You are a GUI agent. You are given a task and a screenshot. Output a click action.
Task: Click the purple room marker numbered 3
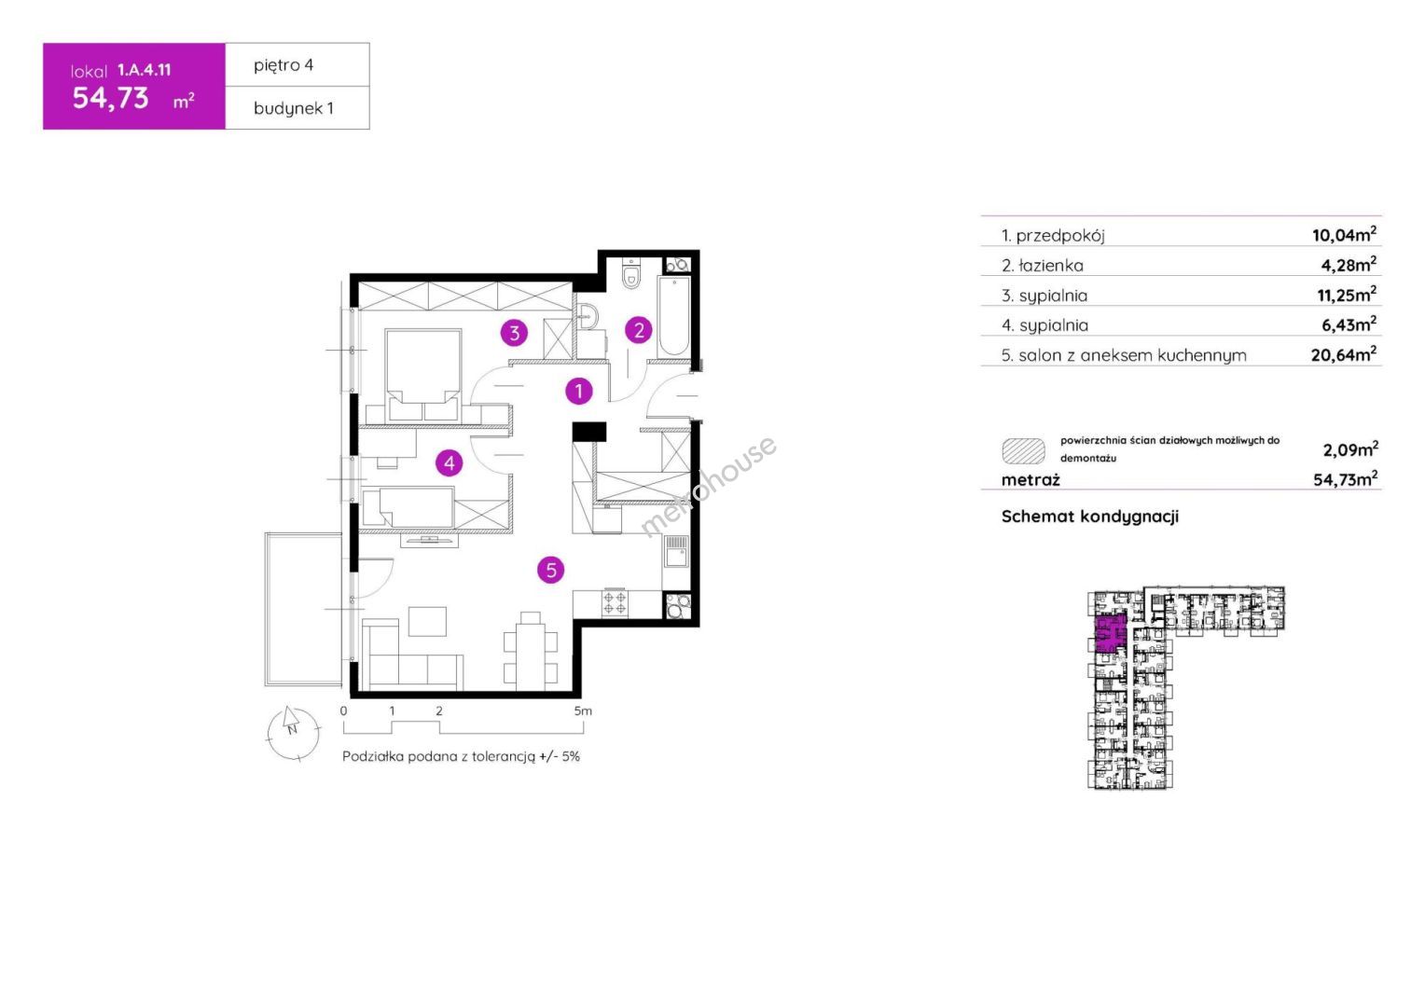pos(514,332)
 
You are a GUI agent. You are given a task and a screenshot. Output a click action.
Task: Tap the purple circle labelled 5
pos(551,570)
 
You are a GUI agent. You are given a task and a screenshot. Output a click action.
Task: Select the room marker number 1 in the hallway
pos(579,392)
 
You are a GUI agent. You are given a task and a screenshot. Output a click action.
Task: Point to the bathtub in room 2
pos(673,316)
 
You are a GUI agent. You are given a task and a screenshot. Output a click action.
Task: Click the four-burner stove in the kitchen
pos(615,603)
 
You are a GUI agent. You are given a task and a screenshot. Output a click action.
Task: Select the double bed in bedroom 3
pos(423,376)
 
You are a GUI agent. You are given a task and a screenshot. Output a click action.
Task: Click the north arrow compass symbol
pos(293,732)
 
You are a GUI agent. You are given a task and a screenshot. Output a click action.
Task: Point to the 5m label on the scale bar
pos(583,710)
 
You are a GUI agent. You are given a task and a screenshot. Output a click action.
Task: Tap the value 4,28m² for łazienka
pos(1349,264)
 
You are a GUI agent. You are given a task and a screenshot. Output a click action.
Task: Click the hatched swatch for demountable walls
pos(1023,450)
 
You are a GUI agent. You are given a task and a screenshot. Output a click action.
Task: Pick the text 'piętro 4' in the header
pos(284,65)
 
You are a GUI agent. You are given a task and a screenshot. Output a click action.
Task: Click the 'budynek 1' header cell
pos(297,108)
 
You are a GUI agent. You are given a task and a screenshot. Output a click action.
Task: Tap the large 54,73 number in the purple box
pos(111,98)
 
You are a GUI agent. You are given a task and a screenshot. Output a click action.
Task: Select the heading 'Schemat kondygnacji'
pos(1090,517)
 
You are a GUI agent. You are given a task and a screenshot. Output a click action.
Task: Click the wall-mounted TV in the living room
pos(429,541)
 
